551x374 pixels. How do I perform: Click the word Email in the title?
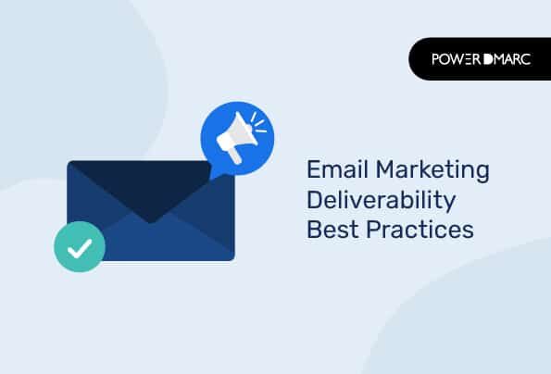coord(337,169)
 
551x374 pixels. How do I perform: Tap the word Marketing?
coord(432,171)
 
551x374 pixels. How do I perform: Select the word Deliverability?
coord(382,201)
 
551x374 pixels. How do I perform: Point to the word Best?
coord(332,230)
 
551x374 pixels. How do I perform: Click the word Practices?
coord(420,230)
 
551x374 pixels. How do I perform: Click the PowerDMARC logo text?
coord(482,59)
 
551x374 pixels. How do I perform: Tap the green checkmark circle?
coord(80,246)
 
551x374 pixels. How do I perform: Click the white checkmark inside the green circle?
coord(80,248)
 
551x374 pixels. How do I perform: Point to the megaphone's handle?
coord(234,156)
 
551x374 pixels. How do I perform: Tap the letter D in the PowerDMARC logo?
coord(488,59)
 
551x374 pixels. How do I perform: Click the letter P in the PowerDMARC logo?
coord(436,59)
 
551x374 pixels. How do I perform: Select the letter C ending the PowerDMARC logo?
coord(525,59)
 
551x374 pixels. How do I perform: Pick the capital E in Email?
coord(314,169)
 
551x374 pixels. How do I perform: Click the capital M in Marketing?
coord(385,169)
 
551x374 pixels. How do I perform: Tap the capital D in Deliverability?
coord(316,199)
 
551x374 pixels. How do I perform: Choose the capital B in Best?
coord(315,230)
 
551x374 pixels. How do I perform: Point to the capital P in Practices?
coord(373,230)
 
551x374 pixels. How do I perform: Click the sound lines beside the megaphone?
coord(258,123)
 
